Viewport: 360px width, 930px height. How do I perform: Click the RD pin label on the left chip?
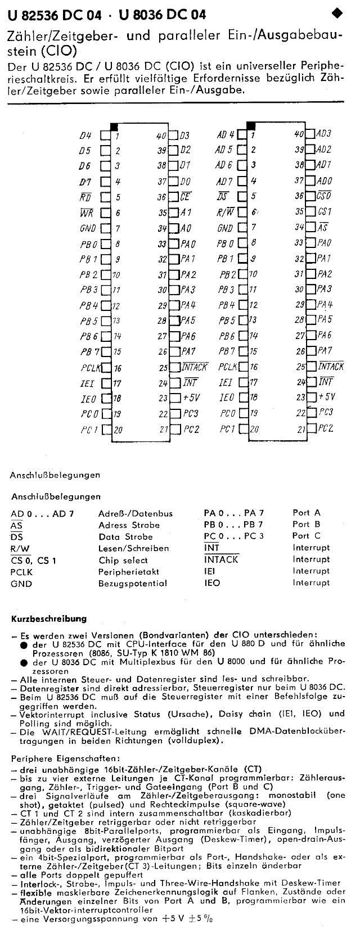[85, 197]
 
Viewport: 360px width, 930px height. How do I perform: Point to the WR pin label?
[85, 213]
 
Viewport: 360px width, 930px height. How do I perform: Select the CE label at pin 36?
[186, 197]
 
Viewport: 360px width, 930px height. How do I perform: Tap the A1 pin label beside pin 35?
[186, 213]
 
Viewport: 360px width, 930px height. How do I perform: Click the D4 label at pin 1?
[85, 135]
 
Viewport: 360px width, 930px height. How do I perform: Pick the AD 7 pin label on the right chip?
[224, 182]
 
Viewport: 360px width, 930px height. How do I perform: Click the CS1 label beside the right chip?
[323, 213]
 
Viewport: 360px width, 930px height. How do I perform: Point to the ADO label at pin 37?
[323, 181]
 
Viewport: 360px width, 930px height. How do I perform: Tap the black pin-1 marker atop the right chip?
[250, 125]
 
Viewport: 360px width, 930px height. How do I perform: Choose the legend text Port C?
[307, 536]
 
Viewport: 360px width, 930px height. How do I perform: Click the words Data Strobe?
[125, 536]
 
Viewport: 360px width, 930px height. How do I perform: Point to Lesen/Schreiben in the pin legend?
[133, 548]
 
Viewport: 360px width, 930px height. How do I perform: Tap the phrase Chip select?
[123, 560]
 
